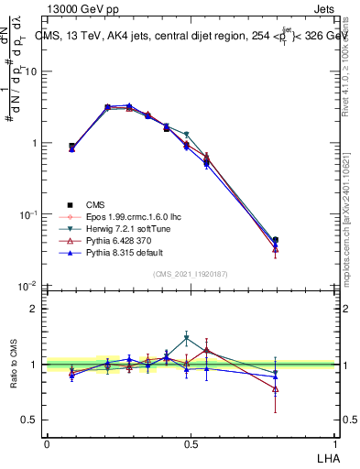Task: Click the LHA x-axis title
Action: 325,457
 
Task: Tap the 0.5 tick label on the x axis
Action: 191,443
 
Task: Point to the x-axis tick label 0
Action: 47,443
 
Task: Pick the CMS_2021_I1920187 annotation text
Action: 191,274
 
